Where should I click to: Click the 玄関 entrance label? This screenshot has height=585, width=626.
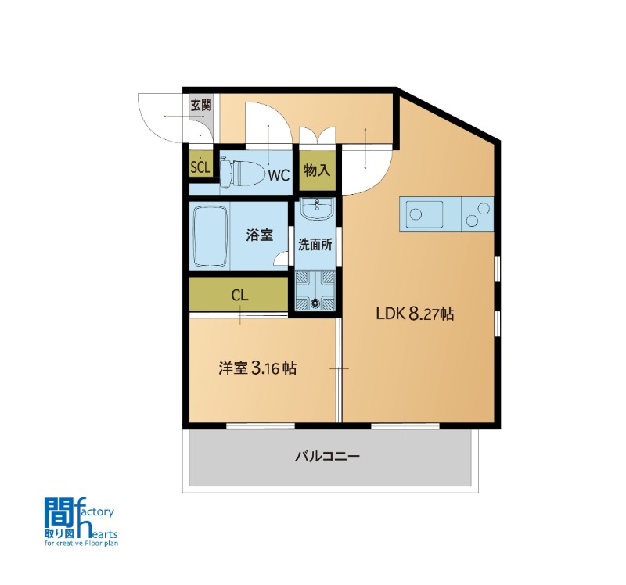coord(200,106)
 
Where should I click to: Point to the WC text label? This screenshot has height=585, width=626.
coord(279,175)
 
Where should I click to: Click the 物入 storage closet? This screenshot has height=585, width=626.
coord(318,170)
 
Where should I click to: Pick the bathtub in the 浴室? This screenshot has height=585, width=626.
coord(210,236)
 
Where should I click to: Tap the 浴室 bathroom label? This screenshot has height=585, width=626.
coord(260,235)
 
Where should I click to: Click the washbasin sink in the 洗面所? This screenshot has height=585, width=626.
coord(317,209)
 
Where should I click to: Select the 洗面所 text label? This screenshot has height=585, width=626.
coord(315,245)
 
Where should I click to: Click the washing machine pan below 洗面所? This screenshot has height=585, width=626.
coord(315,290)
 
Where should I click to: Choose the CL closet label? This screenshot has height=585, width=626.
coord(239,296)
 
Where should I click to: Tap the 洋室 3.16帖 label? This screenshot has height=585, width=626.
coord(257,368)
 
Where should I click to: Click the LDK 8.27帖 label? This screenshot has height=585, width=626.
coord(415,314)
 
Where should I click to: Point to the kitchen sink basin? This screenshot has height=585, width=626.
coord(424,214)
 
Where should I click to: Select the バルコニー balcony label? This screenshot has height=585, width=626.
coord(328,456)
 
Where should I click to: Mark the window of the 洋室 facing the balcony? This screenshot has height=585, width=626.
coord(261,425)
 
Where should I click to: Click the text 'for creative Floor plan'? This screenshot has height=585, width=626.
coord(81,543)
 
